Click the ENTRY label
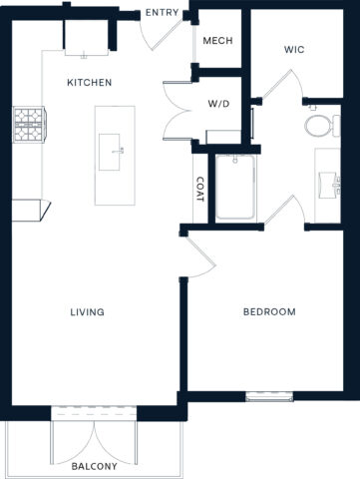point(162,13)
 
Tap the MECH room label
point(217,41)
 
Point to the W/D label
point(219,102)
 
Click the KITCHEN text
point(89,83)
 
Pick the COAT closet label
point(199,190)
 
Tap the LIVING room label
point(88,312)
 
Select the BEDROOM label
point(269,312)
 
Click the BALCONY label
point(95,466)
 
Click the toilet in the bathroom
point(318,125)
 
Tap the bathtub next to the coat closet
point(236,187)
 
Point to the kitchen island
point(115,155)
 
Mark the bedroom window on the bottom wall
point(269,397)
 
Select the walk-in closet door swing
point(279,85)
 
